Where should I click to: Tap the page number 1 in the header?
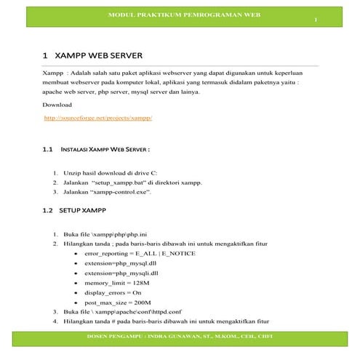click(316, 19)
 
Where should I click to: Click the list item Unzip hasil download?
click(106, 172)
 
